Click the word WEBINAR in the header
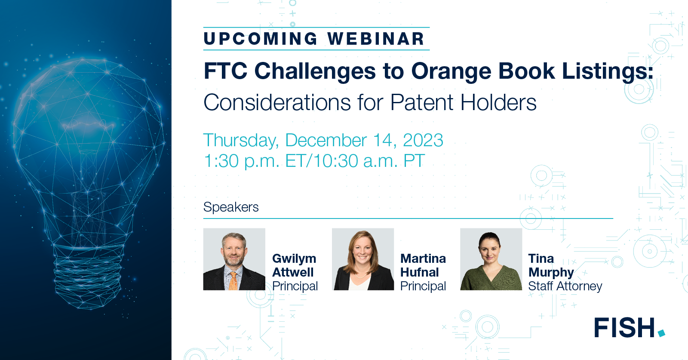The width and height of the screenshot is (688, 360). coord(376,39)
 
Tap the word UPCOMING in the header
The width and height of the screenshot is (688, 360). coord(261,39)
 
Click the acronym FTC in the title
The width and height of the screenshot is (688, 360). coord(225,71)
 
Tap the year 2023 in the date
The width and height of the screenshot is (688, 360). coord(423,140)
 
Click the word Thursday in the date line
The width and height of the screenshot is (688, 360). coord(241,141)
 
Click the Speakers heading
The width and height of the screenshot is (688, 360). coord(231,207)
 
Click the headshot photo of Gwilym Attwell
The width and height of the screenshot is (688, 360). coord(234,259)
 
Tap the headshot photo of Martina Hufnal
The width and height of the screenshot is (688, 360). coord(362,259)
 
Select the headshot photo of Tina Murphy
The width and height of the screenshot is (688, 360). coord(491,259)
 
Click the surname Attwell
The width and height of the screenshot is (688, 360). coord(293,272)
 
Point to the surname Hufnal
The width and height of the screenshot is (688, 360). coord(419,272)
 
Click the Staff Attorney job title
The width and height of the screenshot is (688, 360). coord(565,286)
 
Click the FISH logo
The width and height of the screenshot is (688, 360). coord(625,328)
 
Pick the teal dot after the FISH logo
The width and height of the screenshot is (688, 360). coord(661,333)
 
